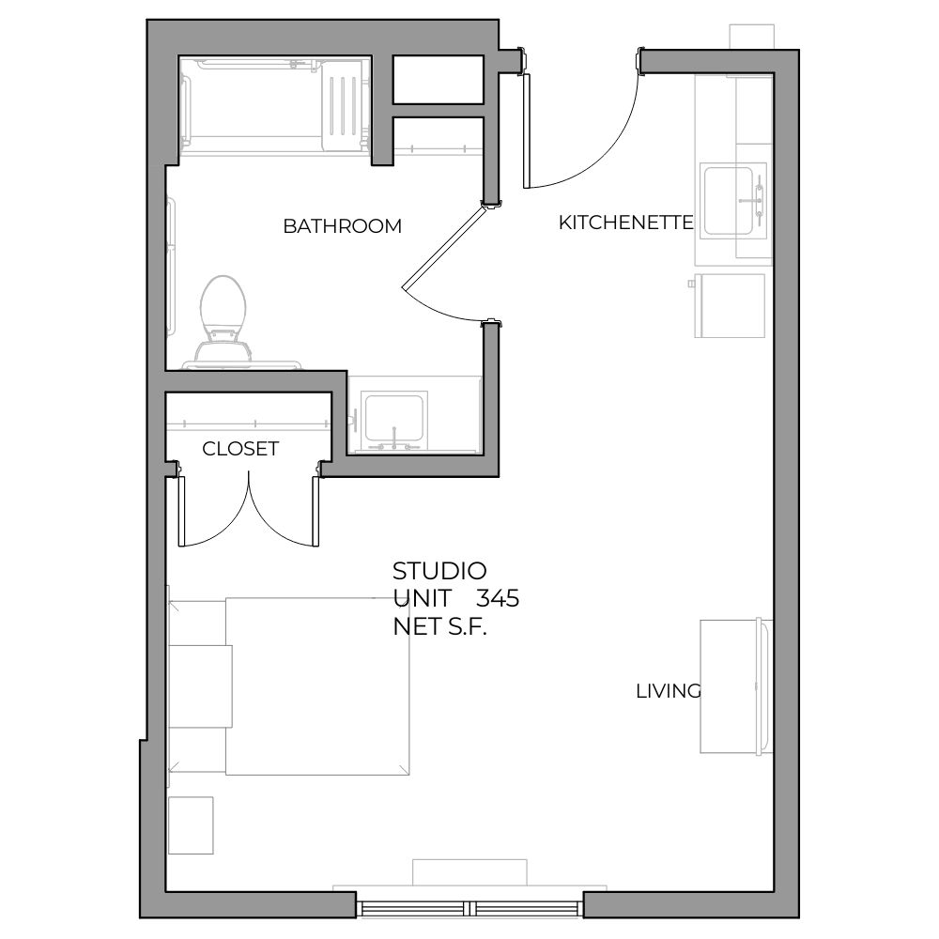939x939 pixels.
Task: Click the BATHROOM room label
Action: point(342,225)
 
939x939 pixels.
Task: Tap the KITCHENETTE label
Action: point(625,223)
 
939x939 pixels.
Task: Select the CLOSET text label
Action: point(240,449)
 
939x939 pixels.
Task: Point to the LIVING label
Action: point(669,691)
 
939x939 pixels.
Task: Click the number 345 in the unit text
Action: point(497,598)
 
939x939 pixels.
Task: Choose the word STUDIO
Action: point(439,571)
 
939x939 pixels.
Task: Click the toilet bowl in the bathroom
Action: point(223,302)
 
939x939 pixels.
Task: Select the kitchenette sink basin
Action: point(729,201)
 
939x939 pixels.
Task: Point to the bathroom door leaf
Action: point(444,248)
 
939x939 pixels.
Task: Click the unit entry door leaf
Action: point(527,131)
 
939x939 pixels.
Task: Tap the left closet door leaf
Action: point(181,511)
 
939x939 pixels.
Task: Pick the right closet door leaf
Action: point(316,511)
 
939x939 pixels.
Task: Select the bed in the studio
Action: point(317,686)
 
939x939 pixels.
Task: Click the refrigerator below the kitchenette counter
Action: point(730,305)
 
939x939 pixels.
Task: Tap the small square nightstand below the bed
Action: point(191,825)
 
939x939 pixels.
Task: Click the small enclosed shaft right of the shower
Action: point(439,79)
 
